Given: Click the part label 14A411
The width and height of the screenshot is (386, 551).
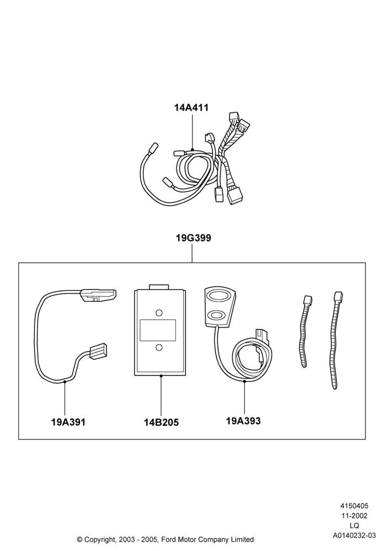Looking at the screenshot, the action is pos(191,108).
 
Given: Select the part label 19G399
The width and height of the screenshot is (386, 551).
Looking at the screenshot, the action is pos(194,238).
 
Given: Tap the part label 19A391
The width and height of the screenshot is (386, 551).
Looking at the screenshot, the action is pos(68,422).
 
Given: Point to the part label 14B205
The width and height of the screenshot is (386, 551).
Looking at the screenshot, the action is pos(162,423).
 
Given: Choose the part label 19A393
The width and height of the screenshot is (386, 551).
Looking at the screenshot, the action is pos(243,420).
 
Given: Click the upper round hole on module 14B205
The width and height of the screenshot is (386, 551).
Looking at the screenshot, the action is pos(159,312).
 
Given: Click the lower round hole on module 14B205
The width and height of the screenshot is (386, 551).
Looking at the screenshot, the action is pos(159,348).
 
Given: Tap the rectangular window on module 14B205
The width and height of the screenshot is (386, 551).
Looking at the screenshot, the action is pos(158,330).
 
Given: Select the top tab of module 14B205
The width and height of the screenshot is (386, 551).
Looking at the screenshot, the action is pos(159,288).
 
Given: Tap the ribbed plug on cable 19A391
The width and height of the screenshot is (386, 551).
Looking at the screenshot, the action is pos(98,351).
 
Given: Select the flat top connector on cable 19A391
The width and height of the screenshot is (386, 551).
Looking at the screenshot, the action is pos(99,295).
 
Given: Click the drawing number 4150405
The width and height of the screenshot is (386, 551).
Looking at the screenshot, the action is pos(354,506).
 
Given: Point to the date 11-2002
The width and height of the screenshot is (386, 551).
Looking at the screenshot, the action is pos(354,516).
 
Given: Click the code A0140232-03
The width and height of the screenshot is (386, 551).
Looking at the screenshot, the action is pos(354,536).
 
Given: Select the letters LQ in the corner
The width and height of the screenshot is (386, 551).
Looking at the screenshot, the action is pos(354,526).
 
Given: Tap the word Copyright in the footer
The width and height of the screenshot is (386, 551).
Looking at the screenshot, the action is pos(99,539).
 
